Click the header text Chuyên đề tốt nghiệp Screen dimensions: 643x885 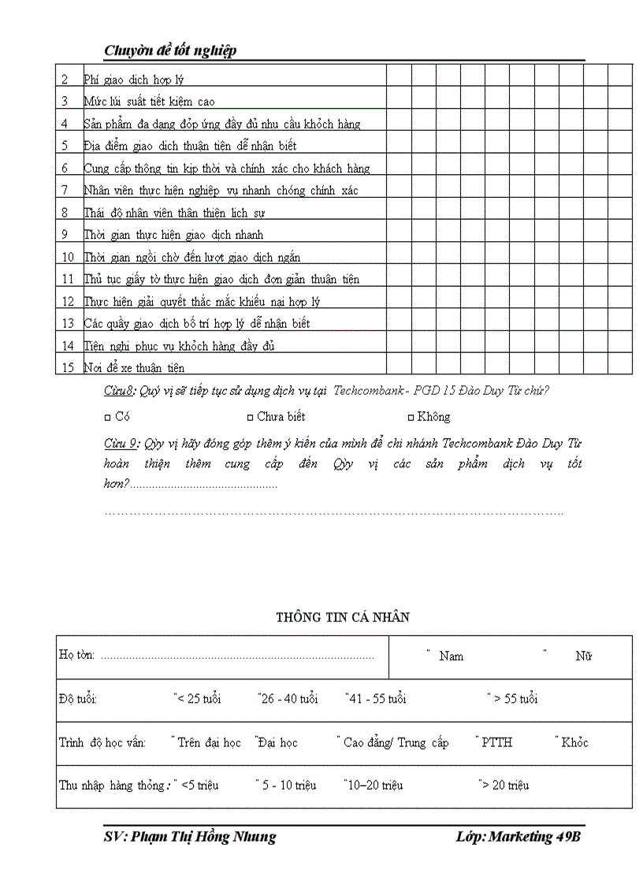(170, 51)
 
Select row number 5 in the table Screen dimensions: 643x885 (65, 146)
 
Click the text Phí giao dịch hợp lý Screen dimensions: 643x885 (134, 80)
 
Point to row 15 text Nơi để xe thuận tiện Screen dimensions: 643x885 (134, 368)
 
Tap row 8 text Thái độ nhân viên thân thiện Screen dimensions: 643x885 (174, 213)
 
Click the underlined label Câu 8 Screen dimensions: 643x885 (121, 391)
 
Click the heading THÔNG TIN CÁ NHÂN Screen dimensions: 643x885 (343, 618)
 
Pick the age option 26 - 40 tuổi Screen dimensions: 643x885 (289, 699)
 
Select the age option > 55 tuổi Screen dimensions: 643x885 (515, 699)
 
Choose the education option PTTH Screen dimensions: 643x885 (496, 742)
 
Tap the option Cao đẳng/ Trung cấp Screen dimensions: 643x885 (396, 742)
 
